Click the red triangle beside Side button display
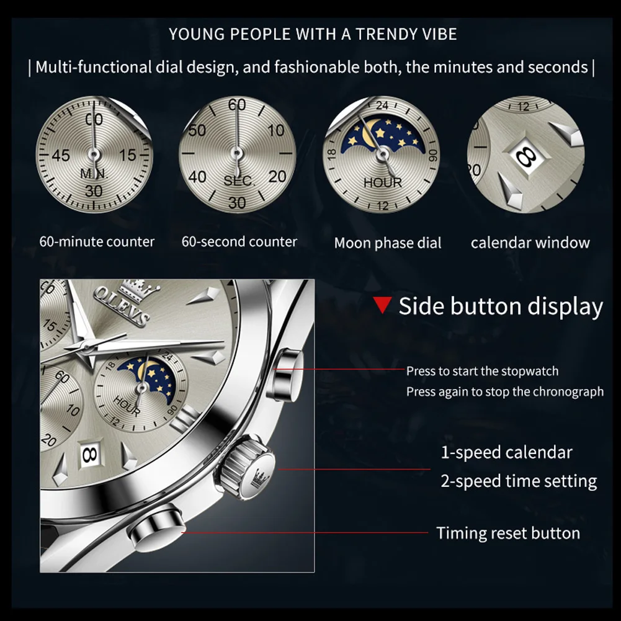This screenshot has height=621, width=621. (x=383, y=305)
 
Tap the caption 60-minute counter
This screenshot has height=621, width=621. (x=97, y=241)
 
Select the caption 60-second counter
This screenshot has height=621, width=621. (x=239, y=241)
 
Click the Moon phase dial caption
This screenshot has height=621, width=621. (x=388, y=243)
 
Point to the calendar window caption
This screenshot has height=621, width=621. (x=530, y=243)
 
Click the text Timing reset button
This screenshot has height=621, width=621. (x=507, y=533)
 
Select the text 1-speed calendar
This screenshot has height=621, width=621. (x=506, y=452)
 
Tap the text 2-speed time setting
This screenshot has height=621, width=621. (x=519, y=481)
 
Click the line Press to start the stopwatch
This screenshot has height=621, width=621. (x=482, y=371)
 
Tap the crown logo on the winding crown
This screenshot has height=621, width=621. (x=257, y=476)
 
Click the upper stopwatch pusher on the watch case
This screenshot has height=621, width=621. (x=285, y=375)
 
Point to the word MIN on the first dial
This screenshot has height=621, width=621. (x=94, y=174)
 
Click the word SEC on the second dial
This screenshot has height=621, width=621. (x=238, y=181)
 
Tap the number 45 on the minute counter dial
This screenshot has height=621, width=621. (x=60, y=155)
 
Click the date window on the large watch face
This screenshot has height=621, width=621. (x=89, y=454)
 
